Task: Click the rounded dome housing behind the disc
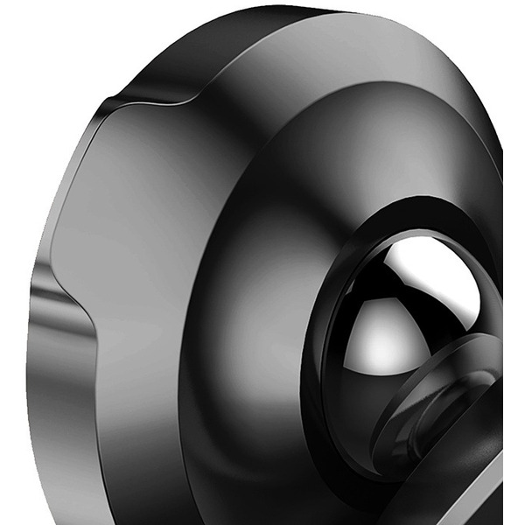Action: click(262, 289)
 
